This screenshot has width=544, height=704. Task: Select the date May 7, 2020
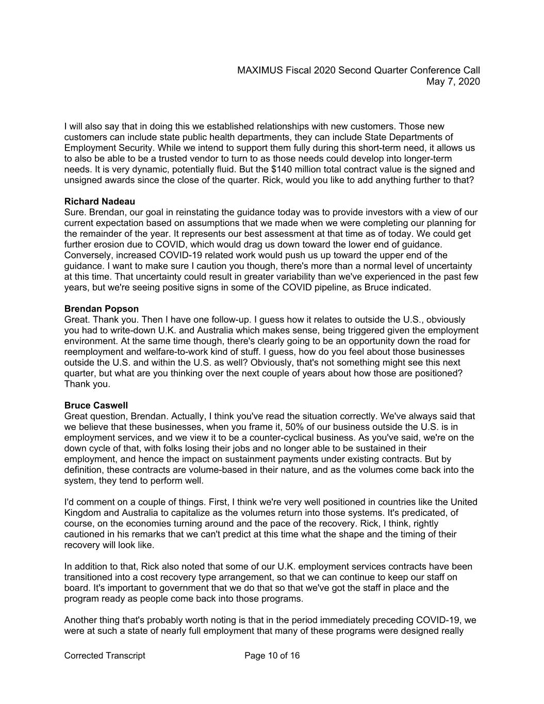pyautogui.click(x=453, y=81)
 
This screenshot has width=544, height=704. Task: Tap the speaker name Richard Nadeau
pyautogui.click(x=100, y=201)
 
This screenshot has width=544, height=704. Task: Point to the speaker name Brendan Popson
pyautogui.click(x=102, y=309)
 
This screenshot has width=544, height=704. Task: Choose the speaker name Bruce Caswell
pyautogui.click(x=96, y=405)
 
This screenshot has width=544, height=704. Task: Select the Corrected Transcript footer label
pyautogui.click(x=105, y=656)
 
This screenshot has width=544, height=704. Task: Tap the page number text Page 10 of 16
pyautogui.click(x=272, y=656)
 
